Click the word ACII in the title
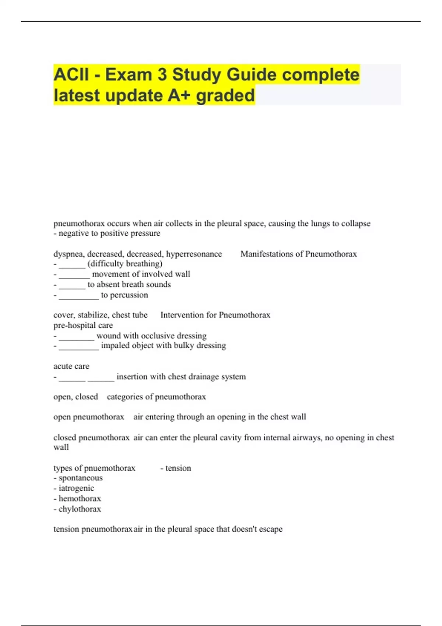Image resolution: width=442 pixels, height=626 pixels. coord(71,75)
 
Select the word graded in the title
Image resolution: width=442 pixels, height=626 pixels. coord(225,95)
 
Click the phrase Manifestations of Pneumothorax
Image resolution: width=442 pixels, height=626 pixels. coord(298,254)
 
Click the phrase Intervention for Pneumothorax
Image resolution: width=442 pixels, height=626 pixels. coord(215,315)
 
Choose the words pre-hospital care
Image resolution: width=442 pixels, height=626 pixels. coord(83,326)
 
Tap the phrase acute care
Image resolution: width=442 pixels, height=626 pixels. coord(71,366)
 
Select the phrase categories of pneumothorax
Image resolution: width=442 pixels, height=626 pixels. coord(156,397)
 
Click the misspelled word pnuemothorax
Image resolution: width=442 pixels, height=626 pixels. coord(110,468)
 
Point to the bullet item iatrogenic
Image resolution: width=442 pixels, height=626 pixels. coord(76,488)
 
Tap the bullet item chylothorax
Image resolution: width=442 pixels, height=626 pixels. coord(80,509)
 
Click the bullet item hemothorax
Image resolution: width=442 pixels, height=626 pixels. coord(80,499)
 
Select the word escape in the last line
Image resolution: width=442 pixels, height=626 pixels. coord(271,529)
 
